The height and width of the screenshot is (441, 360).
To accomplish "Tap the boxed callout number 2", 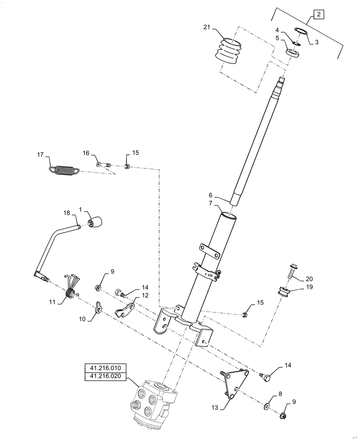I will point(319,15).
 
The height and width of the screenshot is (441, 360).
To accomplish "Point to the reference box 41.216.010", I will point(105,368).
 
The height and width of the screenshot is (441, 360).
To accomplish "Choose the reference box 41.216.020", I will point(105,377).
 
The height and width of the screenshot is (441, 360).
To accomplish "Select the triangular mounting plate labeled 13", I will point(233,382).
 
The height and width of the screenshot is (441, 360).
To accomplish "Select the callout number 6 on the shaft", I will point(210,195).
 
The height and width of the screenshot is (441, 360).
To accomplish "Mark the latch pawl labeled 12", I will point(127,309).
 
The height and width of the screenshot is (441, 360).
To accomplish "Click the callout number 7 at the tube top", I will point(210,204).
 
